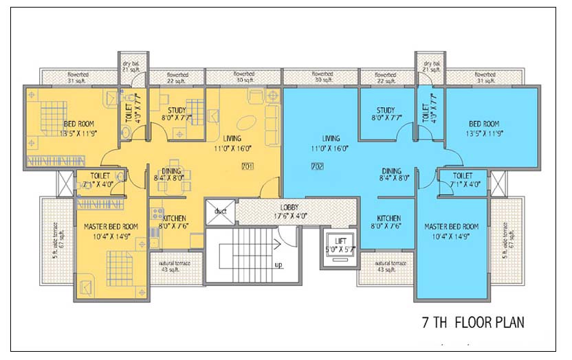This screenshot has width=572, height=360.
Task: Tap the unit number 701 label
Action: pos(248,166)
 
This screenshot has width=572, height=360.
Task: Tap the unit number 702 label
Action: pos(317,166)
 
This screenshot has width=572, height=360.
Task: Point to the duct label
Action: pos(220,212)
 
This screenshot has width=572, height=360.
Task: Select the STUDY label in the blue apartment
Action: pos(385,111)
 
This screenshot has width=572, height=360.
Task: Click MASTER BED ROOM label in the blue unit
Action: pos(451,227)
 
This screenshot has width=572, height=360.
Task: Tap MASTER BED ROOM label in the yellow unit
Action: pos(111,227)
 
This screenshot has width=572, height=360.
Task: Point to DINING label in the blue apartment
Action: pos(392,171)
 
